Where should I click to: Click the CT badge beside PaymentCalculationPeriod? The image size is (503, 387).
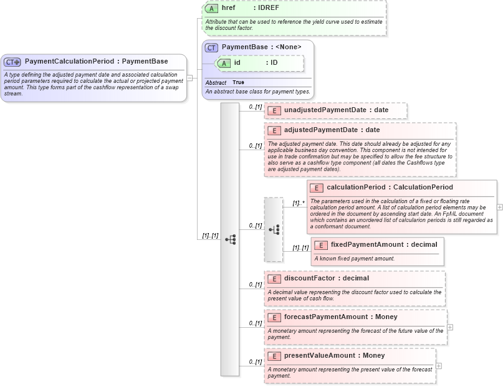pyautogui.click(x=12, y=62)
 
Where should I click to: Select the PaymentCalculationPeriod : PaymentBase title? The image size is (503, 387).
pyautogui.click(x=96, y=62)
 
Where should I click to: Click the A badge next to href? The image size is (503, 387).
pyautogui.click(x=212, y=8)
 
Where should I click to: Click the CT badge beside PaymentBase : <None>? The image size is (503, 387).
pyautogui.click(x=212, y=47)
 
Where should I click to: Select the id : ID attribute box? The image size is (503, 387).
pyautogui.click(x=259, y=63)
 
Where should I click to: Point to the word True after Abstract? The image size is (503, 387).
pyautogui.click(x=238, y=82)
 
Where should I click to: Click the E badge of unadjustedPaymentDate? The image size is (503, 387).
pyautogui.click(x=272, y=110)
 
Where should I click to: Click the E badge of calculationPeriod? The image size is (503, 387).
pyautogui.click(x=315, y=188)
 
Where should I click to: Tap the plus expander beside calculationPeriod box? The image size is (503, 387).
pyautogui.click(x=499, y=206)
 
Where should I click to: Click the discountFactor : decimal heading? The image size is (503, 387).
pyautogui.click(x=326, y=278)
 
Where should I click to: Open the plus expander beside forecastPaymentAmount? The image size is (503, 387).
pyautogui.click(x=449, y=327)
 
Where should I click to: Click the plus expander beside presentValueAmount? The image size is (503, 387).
pyautogui.click(x=438, y=365)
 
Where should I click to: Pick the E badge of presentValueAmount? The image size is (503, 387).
pyautogui.click(x=272, y=356)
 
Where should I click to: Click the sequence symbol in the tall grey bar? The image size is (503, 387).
pyautogui.click(x=230, y=239)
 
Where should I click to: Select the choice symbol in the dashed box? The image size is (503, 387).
pyautogui.click(x=274, y=229)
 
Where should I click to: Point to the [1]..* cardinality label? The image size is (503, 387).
pyautogui.click(x=298, y=203)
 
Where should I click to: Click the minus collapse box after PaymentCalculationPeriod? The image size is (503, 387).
pyautogui.click(x=190, y=79)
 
